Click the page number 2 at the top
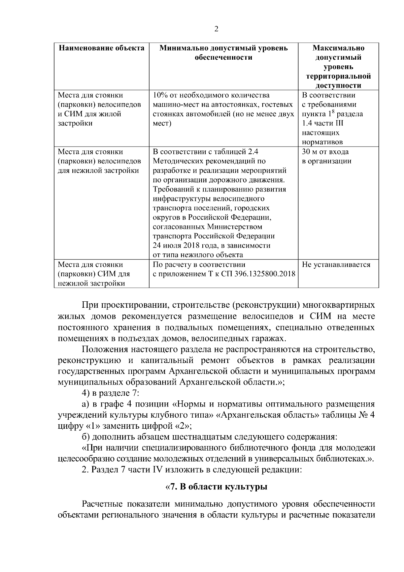[216, 29]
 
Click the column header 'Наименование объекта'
[102, 48]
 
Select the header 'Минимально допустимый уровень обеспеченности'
[224, 53]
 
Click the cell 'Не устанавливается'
[336, 265]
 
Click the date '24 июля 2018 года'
[183, 245]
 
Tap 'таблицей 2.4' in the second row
[238, 152]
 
